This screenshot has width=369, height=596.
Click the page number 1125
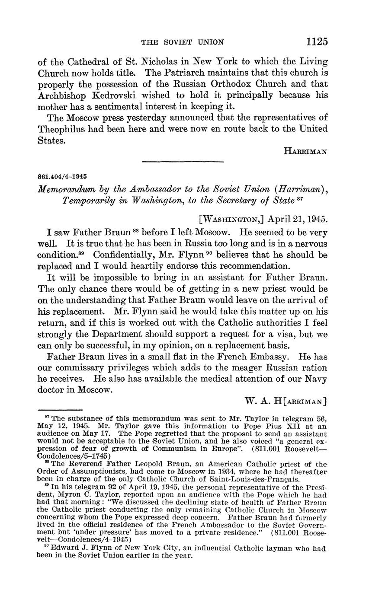point(317,41)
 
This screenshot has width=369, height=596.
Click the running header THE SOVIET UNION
point(183,42)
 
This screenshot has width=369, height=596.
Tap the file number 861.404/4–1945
point(62,177)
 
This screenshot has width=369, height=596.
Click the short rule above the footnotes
point(60,410)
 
